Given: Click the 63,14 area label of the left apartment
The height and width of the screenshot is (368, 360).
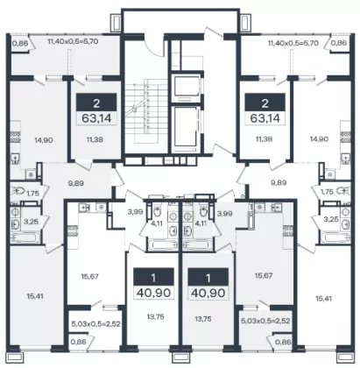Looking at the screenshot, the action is click(96, 118).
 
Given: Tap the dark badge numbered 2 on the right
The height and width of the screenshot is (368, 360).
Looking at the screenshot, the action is click(265, 103).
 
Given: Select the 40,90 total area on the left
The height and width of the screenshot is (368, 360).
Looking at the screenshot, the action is click(154, 293).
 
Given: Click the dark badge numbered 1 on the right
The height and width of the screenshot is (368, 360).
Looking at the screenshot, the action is click(208, 277).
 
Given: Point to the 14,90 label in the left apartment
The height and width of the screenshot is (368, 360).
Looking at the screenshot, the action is click(44, 140).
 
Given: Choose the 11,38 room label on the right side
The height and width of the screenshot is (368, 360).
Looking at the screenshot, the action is click(264, 139).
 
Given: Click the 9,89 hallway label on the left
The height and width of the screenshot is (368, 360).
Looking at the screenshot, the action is click(75, 183).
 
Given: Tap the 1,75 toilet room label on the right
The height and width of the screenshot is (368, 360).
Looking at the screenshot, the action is click(327, 192).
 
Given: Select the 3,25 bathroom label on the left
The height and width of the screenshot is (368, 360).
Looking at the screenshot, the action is click(31, 222).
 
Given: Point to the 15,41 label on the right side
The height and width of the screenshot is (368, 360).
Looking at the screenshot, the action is click(325, 299).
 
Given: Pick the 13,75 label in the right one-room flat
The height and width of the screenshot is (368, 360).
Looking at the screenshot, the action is click(203, 319).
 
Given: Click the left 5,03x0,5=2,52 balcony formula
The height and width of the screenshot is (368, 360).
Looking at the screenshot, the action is click(95, 323).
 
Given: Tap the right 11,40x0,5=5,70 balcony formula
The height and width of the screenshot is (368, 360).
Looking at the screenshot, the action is click(293, 43).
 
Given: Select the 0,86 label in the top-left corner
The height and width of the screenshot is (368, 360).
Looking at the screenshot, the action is click(20, 44).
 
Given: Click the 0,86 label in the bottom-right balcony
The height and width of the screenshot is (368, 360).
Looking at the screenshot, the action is click(283, 342).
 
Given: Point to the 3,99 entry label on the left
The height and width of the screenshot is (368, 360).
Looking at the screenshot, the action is click(135, 212).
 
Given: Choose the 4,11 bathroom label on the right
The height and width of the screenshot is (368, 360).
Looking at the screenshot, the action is click(201, 224).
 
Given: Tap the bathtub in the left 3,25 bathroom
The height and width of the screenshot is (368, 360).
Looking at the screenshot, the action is click(25, 237).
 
